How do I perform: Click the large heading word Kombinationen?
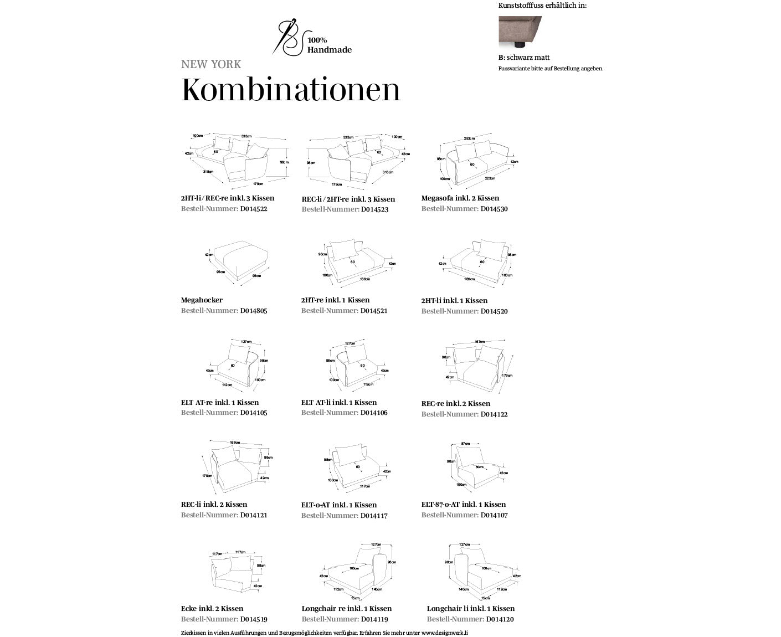pyautogui.click(x=291, y=90)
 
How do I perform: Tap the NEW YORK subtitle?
pyautogui.click(x=211, y=64)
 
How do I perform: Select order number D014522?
pyautogui.click(x=254, y=209)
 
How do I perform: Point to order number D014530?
pyautogui.click(x=494, y=209)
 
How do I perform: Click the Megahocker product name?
pyautogui.click(x=202, y=300)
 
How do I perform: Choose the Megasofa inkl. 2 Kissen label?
pyautogui.click(x=460, y=198)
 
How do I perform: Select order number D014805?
pyautogui.click(x=254, y=311)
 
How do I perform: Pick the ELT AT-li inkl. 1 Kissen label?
pyautogui.click(x=338, y=403)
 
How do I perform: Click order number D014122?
pyautogui.click(x=494, y=414)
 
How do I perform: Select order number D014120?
pyautogui.click(x=500, y=619)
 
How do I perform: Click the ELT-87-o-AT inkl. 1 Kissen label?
pyautogui.click(x=463, y=505)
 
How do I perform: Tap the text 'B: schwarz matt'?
pyautogui.click(x=524, y=58)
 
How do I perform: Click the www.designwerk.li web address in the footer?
pyautogui.click(x=444, y=633)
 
